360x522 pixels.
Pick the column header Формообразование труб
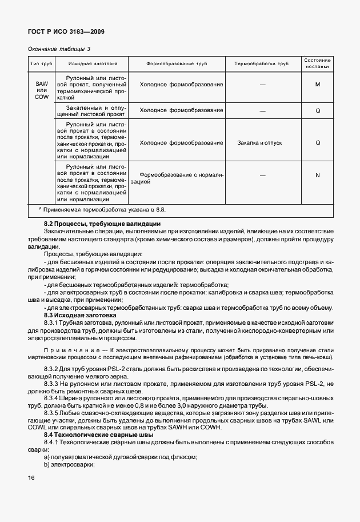click(x=177, y=64)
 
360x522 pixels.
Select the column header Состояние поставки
click(x=317, y=64)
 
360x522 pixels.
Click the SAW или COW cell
click(x=41, y=90)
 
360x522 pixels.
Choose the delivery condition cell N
click(x=317, y=175)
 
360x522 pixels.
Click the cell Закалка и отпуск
click(x=259, y=142)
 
